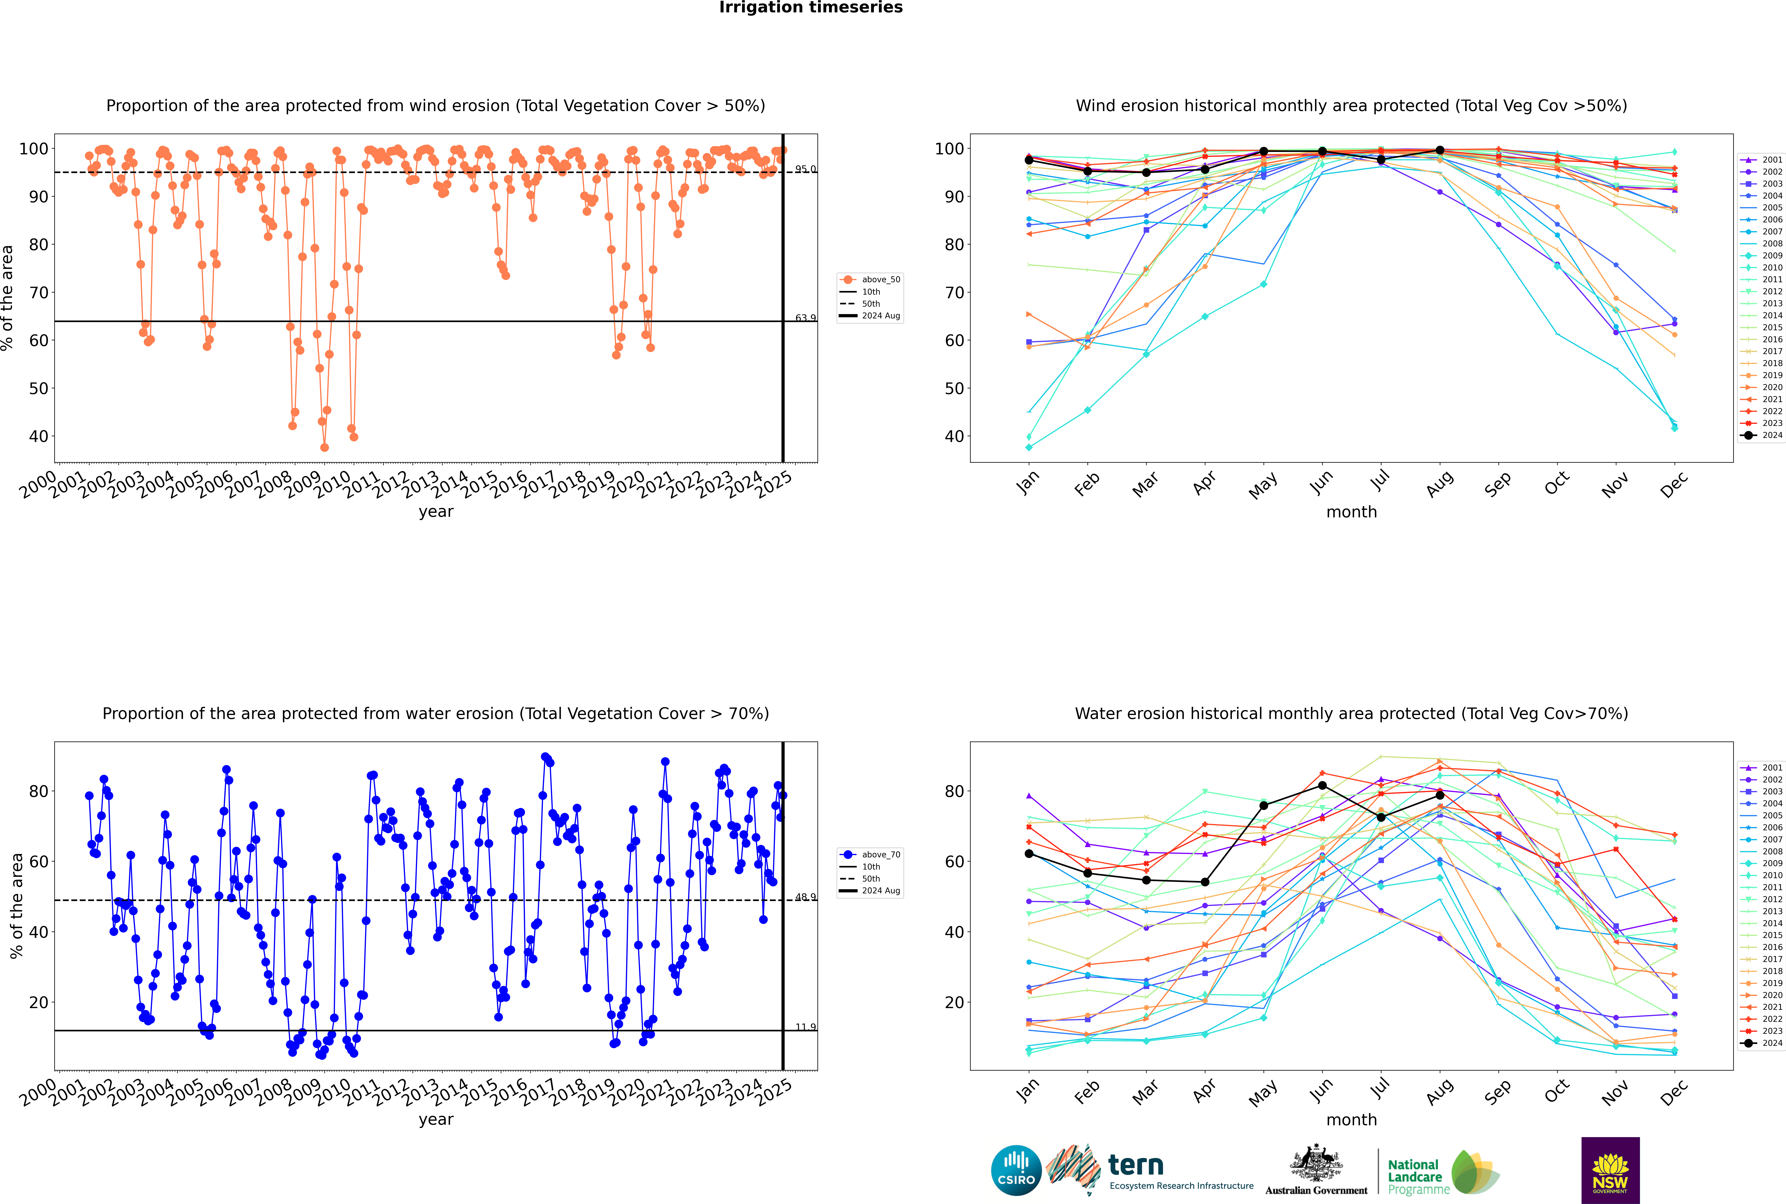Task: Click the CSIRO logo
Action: (x=1016, y=1170)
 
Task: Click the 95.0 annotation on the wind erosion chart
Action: (x=805, y=169)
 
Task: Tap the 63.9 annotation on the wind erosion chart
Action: (x=805, y=318)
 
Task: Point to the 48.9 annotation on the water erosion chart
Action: (x=805, y=897)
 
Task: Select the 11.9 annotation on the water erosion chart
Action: (x=805, y=1027)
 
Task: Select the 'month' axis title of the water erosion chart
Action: (x=1351, y=1120)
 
